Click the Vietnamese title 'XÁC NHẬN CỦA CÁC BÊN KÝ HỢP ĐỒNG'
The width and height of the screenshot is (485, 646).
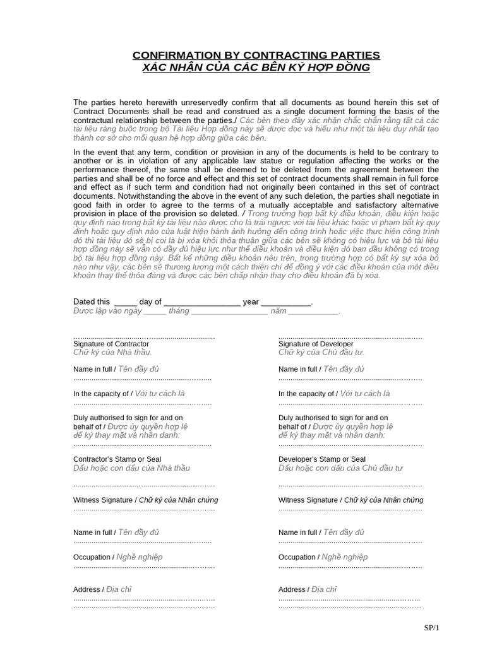[x=256, y=68]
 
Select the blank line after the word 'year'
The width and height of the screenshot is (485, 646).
[x=286, y=302]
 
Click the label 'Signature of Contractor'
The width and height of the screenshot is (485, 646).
[x=111, y=344]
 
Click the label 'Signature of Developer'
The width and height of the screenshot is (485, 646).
[x=316, y=344]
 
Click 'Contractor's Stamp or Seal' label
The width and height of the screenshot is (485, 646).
[x=117, y=459]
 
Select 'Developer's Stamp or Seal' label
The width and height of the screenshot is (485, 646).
[x=322, y=459]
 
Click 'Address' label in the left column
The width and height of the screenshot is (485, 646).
[x=87, y=589]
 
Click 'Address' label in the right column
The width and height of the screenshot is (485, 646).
[x=292, y=589]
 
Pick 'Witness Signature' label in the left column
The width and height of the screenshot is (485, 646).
[x=103, y=500]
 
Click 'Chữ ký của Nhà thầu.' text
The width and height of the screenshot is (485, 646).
[x=112, y=353]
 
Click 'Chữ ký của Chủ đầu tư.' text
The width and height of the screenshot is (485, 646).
[x=321, y=353]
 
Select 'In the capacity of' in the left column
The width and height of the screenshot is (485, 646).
[x=101, y=394]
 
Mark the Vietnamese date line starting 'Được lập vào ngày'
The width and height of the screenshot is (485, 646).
[x=207, y=312]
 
